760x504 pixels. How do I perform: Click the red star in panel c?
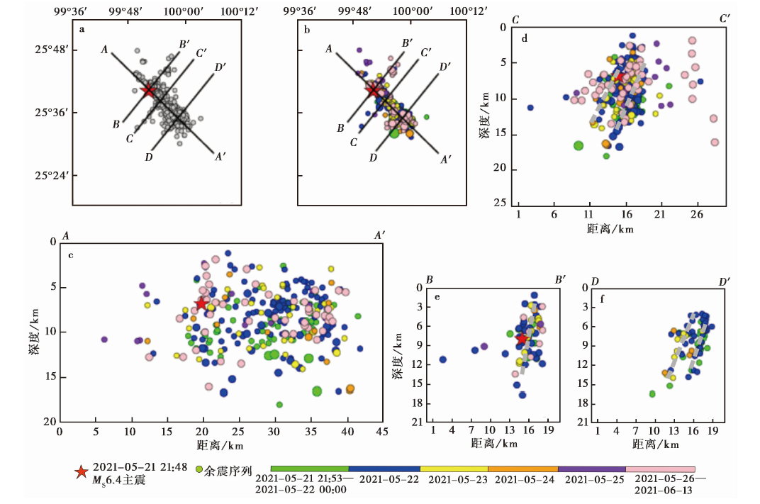coord(201,303)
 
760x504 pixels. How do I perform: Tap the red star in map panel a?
coord(147,90)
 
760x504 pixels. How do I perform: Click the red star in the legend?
coord(82,471)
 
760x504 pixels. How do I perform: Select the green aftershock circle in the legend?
coord(199,469)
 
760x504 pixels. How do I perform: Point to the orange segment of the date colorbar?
coord(522,469)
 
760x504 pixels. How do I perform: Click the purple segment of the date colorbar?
coord(592,469)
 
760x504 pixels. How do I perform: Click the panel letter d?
coord(524,38)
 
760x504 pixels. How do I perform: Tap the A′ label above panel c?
coord(379,235)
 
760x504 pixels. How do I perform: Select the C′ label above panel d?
coord(725,19)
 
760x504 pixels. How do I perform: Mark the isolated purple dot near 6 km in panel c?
coord(104,340)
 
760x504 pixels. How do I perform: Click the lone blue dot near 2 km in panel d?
coord(530,108)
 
